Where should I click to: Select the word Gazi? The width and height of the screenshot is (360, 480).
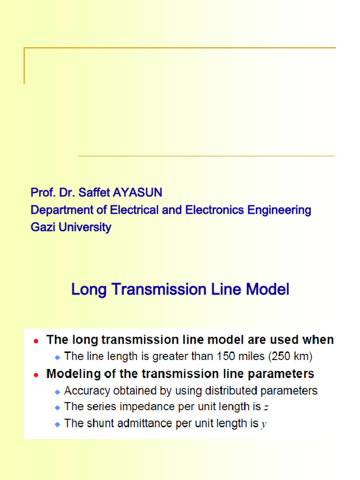point(42,228)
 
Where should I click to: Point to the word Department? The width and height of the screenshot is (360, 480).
point(60,210)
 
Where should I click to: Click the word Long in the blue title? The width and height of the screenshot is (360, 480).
point(87,290)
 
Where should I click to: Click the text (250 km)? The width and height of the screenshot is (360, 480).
point(290,357)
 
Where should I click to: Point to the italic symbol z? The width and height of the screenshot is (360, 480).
point(266,408)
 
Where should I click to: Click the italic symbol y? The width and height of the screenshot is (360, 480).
point(264,425)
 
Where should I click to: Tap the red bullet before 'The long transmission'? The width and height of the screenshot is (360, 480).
point(36,341)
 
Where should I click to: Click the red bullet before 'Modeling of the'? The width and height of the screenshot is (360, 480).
point(36,375)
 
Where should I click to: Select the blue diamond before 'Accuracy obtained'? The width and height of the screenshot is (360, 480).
point(57,391)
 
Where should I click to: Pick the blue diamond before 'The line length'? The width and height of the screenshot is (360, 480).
point(57,357)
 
